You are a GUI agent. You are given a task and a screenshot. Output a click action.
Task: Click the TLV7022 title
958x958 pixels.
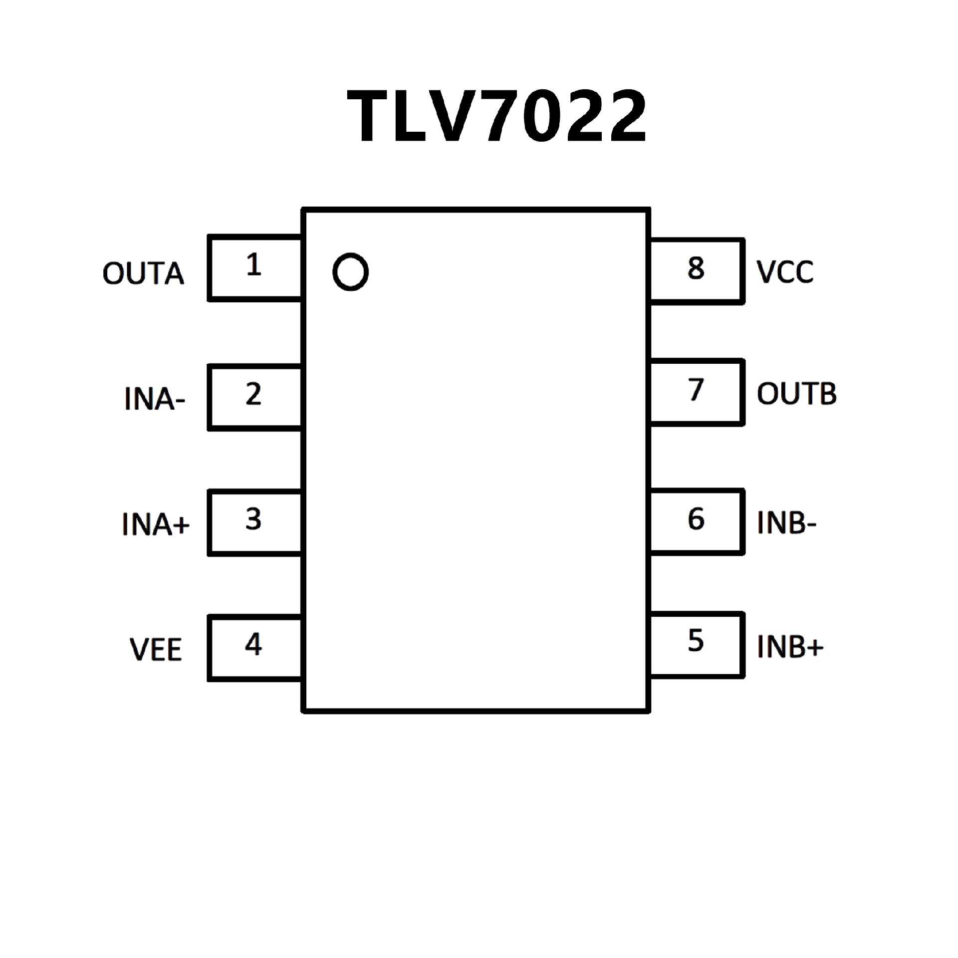497,118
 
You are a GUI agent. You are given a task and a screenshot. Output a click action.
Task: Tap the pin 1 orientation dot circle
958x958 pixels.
350,272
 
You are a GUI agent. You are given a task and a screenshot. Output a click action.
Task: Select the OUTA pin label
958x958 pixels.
143,274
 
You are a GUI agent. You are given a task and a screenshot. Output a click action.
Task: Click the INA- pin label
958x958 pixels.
154,400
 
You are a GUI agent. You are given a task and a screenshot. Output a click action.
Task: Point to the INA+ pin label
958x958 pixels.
155,524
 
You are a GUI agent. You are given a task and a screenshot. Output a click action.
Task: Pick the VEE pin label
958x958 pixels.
156,650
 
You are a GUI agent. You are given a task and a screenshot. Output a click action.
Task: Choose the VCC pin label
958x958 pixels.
785,272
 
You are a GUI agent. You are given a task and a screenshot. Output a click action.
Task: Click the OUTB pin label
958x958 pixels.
796,394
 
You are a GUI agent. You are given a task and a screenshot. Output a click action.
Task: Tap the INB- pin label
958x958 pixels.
786,523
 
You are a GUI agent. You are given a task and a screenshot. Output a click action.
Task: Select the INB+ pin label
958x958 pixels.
790,647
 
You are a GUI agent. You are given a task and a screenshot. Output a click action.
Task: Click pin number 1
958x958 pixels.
253,265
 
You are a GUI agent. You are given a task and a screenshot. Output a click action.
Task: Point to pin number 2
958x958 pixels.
253,394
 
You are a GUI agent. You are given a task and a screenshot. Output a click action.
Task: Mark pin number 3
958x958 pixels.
253,519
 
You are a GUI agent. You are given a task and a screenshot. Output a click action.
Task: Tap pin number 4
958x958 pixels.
253,645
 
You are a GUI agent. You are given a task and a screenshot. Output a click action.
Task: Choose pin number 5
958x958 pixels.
696,641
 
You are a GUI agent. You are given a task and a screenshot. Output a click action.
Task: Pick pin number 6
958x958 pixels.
696,519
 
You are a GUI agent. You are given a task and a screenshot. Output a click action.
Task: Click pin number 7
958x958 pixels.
696,390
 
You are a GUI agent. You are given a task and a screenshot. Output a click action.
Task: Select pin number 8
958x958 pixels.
696,268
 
